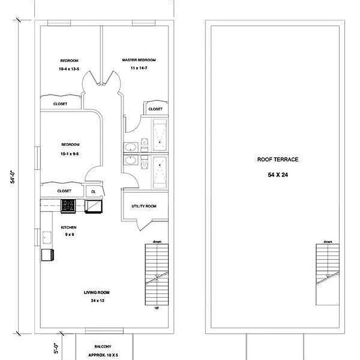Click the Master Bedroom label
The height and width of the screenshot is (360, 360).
click(x=139, y=60)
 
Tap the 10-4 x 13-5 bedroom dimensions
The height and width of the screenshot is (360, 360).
click(x=69, y=69)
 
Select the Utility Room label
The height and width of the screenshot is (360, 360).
click(x=144, y=206)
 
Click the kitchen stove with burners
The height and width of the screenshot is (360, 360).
click(x=68, y=206)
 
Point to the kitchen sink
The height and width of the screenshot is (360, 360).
click(x=47, y=238)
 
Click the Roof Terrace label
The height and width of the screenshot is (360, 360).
click(x=278, y=160)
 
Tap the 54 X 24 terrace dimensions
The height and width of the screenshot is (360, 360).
click(x=278, y=175)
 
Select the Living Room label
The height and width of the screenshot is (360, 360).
click(x=96, y=292)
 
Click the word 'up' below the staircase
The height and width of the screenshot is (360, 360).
click(x=157, y=308)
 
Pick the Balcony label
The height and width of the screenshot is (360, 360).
click(x=103, y=346)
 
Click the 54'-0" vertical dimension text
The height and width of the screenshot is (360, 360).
click(x=13, y=177)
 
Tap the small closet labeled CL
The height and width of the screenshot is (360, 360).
click(x=94, y=192)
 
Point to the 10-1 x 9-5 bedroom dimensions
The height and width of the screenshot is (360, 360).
click(x=70, y=154)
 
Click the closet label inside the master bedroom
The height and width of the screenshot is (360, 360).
click(x=155, y=109)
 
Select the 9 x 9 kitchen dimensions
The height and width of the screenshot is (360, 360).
click(x=69, y=234)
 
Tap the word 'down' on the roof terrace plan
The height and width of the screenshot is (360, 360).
click(x=328, y=242)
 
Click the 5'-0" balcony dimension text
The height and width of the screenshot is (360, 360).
click(x=56, y=348)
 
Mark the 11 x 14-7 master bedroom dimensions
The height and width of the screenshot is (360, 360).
click(x=139, y=68)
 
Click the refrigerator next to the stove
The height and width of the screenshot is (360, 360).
click(x=94, y=206)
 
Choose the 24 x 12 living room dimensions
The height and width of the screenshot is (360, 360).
click(x=98, y=301)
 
